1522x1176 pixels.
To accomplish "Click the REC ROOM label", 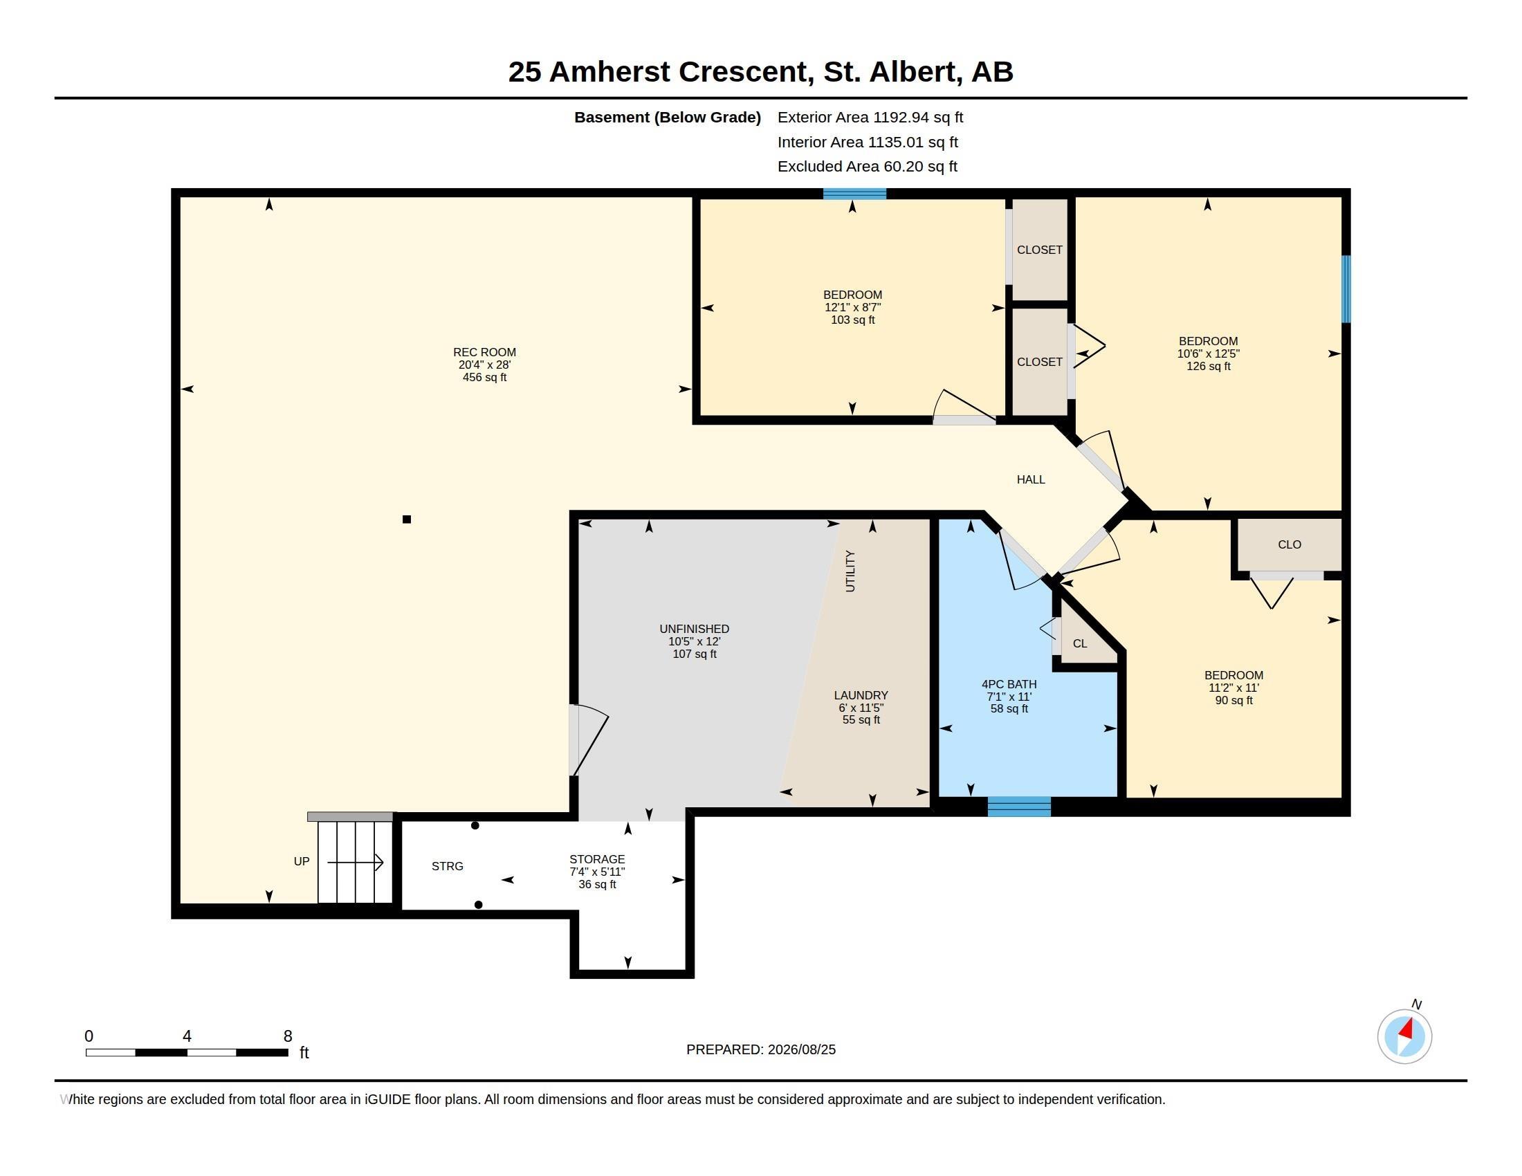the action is tap(484, 353).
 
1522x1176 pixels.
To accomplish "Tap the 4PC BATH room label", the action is tap(1009, 684).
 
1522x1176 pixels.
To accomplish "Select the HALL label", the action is tap(1031, 479).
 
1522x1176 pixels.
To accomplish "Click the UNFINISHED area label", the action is tap(694, 628).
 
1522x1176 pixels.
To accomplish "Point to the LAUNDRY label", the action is tap(861, 695).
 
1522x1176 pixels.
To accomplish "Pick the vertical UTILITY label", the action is tap(850, 571).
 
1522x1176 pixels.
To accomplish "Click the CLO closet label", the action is tap(1290, 544).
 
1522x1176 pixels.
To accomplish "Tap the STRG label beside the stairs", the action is tap(448, 866).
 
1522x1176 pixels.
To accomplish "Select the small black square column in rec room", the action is tap(407, 519).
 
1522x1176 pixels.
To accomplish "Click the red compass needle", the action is tap(1406, 1029).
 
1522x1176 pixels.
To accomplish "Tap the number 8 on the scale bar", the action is tap(288, 1036).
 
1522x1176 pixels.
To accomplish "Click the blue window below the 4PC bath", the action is tap(1019, 807).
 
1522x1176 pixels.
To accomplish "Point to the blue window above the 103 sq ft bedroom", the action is tap(854, 194).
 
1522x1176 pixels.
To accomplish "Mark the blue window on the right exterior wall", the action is tap(1346, 289).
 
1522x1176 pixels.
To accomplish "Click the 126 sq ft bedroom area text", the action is tap(1209, 367).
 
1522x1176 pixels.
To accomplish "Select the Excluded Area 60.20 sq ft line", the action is tap(868, 167).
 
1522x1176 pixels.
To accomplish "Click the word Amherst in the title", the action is tap(609, 72).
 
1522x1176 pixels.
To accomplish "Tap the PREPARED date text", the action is tap(761, 1050).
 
